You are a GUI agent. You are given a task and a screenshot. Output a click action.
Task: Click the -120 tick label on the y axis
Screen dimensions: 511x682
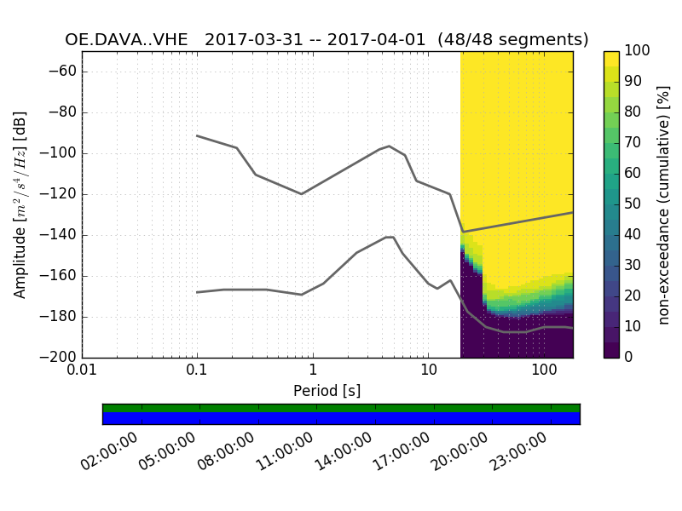[x=59, y=194]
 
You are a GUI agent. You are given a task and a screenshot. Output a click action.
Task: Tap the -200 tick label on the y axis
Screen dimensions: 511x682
[x=59, y=358]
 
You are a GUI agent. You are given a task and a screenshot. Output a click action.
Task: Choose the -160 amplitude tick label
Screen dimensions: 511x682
[x=59, y=276]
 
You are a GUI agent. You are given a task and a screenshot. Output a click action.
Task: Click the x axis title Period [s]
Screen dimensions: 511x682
[x=327, y=391]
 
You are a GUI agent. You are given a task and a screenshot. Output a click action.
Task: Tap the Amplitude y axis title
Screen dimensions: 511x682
[x=20, y=204]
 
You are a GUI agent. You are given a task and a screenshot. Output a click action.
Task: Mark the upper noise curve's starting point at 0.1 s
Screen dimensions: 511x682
[x=197, y=135]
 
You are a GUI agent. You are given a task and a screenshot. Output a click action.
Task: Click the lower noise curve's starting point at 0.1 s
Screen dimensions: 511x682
[x=197, y=292]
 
